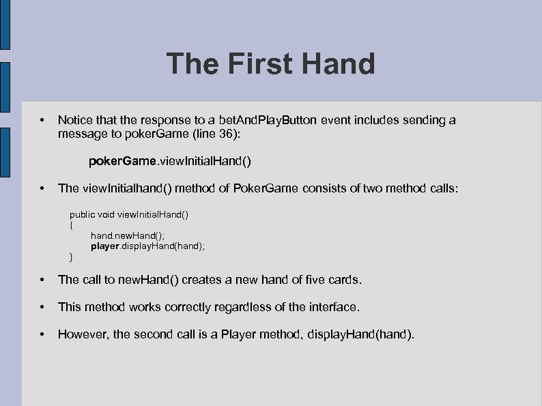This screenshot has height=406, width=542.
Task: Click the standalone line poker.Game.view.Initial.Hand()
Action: coord(170,162)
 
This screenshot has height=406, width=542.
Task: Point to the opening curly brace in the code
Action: coord(72,224)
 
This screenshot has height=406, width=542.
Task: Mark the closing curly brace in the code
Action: coord(72,257)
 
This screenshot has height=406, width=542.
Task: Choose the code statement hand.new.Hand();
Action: coord(128,235)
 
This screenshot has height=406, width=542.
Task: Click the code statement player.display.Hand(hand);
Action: coord(148,246)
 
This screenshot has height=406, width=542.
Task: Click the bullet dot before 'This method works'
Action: coord(43,307)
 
